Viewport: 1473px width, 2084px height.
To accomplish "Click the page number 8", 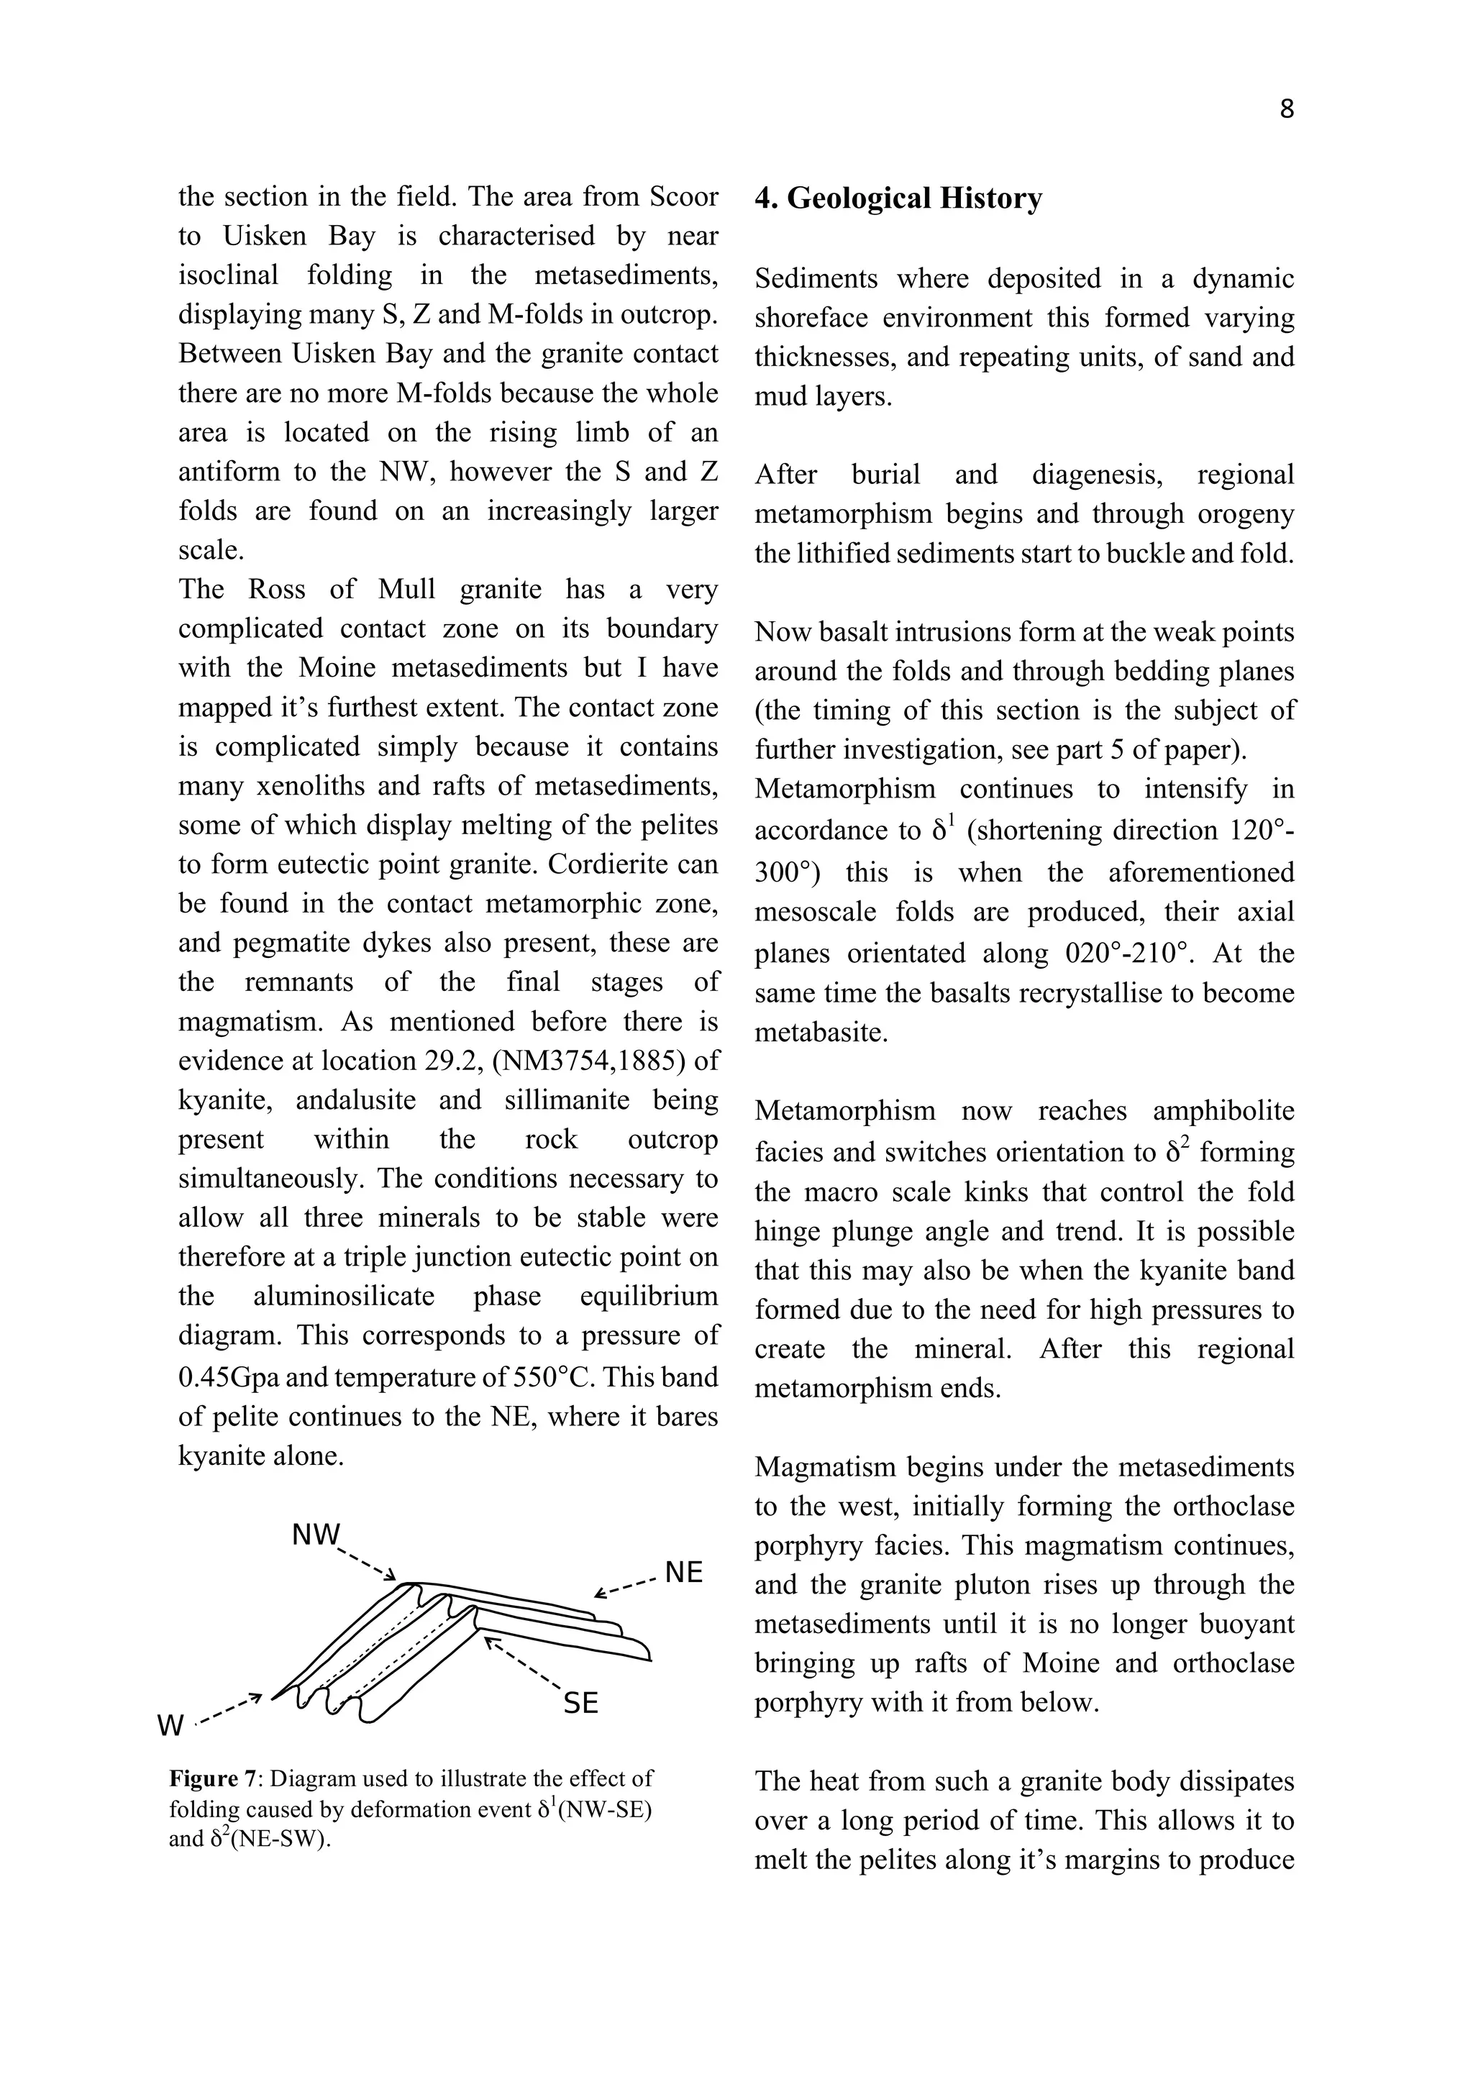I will (x=1286, y=110).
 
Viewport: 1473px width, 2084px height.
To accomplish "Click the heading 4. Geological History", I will (x=898, y=198).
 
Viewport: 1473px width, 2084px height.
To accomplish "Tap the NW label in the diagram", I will (x=316, y=1534).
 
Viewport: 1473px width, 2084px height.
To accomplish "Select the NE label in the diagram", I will (x=683, y=1573).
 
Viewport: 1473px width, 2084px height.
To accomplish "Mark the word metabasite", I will (x=821, y=1033).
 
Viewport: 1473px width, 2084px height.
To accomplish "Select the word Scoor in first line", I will (x=682, y=197).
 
